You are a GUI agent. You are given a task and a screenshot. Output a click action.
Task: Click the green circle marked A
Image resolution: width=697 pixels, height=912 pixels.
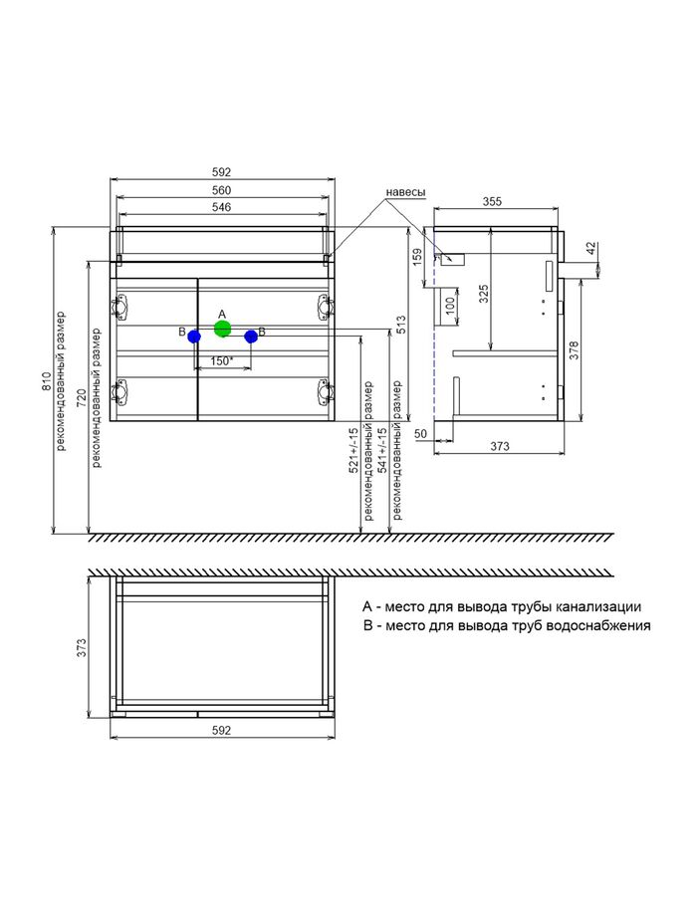click(x=222, y=329)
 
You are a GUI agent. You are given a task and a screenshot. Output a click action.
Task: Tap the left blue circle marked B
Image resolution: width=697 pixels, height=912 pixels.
click(x=194, y=337)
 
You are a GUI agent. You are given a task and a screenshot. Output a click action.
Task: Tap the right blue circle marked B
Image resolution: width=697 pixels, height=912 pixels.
click(x=251, y=337)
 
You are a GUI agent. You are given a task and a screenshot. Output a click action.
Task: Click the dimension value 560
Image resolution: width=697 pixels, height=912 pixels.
click(x=222, y=190)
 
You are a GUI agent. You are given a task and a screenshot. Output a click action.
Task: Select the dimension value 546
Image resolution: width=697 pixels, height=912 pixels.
click(x=222, y=207)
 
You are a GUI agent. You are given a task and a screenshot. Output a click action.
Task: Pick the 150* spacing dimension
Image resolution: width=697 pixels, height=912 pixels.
click(x=222, y=361)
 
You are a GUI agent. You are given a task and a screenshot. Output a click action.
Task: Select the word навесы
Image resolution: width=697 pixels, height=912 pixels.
click(x=405, y=192)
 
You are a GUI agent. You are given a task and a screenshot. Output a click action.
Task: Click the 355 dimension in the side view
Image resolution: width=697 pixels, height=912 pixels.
click(x=492, y=202)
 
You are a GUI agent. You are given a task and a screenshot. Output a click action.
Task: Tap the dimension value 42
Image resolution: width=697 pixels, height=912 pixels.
click(x=591, y=248)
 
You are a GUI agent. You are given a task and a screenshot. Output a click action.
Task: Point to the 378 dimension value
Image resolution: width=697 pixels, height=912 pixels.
click(x=575, y=350)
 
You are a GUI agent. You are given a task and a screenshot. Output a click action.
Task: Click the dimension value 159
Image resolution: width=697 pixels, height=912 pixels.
click(x=417, y=257)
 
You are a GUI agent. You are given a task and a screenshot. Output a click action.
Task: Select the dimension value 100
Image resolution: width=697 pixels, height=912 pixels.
click(x=450, y=306)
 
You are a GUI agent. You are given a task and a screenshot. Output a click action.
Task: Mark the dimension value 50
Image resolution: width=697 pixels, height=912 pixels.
click(x=420, y=434)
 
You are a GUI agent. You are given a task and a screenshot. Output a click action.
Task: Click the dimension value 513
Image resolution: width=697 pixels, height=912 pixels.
click(x=401, y=325)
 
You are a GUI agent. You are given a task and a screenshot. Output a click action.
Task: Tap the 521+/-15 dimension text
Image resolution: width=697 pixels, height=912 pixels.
click(x=353, y=450)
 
